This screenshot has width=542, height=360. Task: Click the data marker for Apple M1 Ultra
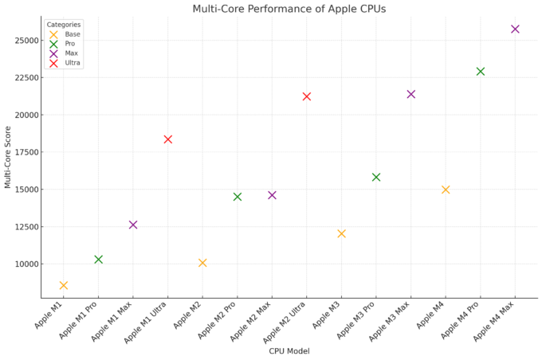point(167,139)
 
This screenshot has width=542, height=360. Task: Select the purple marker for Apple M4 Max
point(515,29)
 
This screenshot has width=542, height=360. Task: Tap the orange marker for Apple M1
point(64,285)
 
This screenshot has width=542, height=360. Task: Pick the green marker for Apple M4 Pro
point(481,72)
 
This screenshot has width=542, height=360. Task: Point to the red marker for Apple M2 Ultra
point(307,96)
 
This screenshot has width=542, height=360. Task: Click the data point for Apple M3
point(341,233)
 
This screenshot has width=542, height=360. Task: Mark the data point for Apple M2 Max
point(272,195)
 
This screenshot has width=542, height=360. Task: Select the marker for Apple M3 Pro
point(376,177)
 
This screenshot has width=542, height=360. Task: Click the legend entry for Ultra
point(73,63)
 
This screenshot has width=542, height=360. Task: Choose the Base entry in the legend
point(73,34)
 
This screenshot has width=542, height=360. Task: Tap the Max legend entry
point(72,53)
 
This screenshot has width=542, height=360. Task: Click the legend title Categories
point(63,25)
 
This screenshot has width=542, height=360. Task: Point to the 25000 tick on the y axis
point(25,40)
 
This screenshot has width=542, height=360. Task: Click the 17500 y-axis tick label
point(25,152)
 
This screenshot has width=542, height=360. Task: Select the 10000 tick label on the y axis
point(25,264)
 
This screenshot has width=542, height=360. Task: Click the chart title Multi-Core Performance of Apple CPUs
point(289,9)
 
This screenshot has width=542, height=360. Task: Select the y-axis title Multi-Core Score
point(8,155)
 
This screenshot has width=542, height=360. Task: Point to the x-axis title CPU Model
point(289,350)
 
